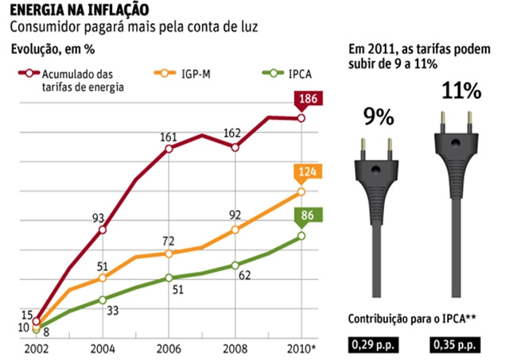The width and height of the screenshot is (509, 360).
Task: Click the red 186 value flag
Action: [x=307, y=99]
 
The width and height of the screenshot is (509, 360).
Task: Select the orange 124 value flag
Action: [x=307, y=171]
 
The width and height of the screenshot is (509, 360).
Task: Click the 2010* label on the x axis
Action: [x=302, y=349]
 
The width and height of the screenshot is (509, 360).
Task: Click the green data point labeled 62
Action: [x=235, y=265]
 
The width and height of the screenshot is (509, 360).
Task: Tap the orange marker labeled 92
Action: [x=235, y=230]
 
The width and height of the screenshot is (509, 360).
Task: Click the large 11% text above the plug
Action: [x=460, y=91]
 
